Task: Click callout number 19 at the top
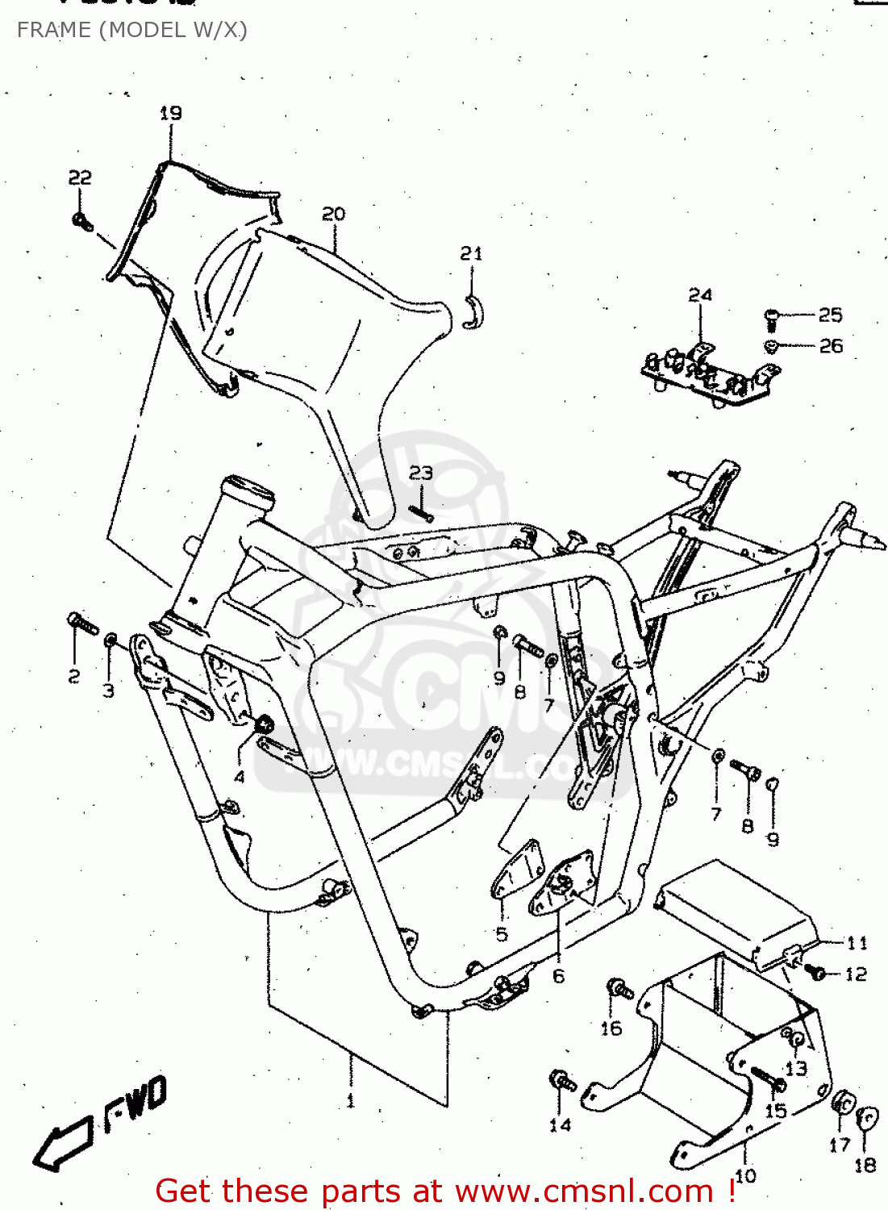(170, 114)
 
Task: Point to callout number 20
(333, 214)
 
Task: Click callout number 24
(700, 295)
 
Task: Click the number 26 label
(831, 346)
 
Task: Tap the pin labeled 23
(421, 512)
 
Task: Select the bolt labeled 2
(81, 623)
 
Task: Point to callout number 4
(240, 778)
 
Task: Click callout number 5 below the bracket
(502, 934)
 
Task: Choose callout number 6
(559, 976)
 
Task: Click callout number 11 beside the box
(857, 942)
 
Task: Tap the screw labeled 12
(816, 973)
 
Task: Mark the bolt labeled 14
(562, 1081)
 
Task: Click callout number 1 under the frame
(350, 1100)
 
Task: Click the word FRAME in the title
(53, 30)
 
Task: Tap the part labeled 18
(865, 1120)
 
